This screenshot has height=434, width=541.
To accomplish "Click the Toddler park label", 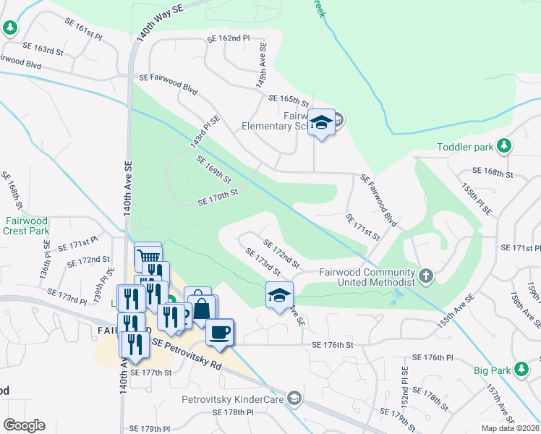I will tap(465, 147).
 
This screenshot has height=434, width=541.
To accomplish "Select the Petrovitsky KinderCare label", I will tap(235, 398).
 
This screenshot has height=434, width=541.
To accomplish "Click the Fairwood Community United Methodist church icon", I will tap(427, 276).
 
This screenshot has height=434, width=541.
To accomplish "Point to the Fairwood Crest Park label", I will tap(26, 226).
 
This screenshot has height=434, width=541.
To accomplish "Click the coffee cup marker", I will tap(220, 332).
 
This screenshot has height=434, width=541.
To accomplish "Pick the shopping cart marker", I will tap(148, 255).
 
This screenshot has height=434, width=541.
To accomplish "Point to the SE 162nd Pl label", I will tap(228, 38).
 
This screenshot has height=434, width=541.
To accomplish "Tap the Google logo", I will tap(24, 425).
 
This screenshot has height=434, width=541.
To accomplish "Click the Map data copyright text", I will tap(510, 428).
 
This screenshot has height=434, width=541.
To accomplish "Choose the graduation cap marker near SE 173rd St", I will tap(280, 295).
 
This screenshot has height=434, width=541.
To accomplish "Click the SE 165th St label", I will tap(288, 101).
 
